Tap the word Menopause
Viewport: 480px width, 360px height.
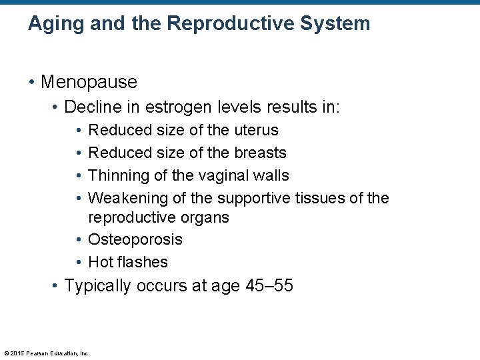(x=89, y=82)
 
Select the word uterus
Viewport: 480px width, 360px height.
(x=256, y=130)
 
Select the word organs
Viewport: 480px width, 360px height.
(x=205, y=217)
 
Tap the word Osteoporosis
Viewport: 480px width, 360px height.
(x=135, y=239)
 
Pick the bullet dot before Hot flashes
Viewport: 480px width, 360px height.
(x=79, y=262)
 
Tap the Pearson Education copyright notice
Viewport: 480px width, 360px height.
(x=47, y=353)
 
